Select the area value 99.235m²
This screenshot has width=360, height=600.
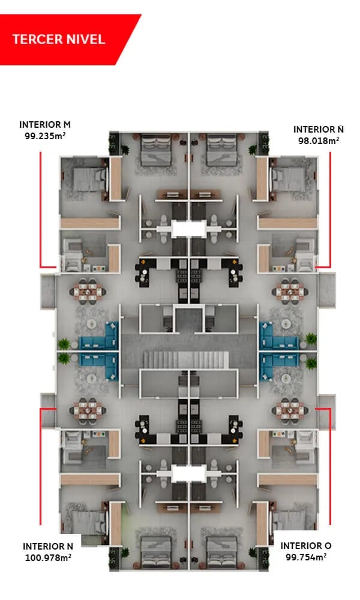[x=45, y=136]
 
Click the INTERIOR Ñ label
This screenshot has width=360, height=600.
[x=318, y=129]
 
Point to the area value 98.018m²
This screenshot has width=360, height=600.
[x=318, y=140]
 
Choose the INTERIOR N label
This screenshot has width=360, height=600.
[x=48, y=546]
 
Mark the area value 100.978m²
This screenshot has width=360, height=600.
[x=48, y=557]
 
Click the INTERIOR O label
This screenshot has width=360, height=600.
[x=306, y=546]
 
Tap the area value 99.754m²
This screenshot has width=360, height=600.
[x=306, y=557]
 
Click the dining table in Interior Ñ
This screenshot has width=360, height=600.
[x=287, y=291]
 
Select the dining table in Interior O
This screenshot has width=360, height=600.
[x=287, y=410]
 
